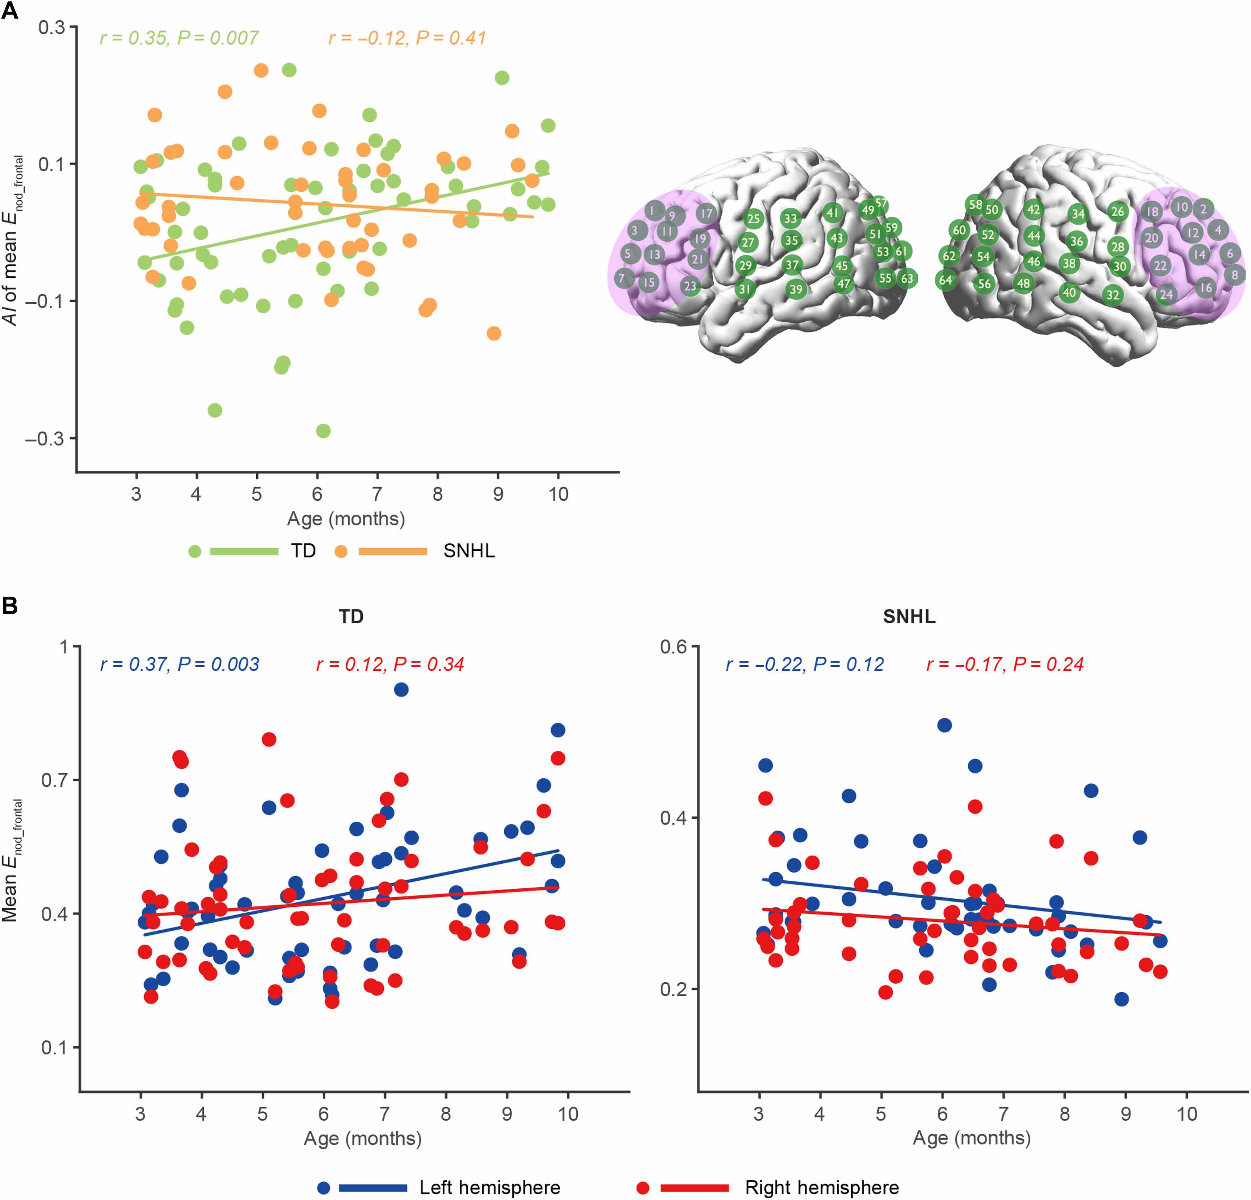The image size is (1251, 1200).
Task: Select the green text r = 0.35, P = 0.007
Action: [x=179, y=38]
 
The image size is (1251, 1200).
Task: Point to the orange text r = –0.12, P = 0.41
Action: [x=407, y=38]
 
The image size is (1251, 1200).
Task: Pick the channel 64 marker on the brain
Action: [x=945, y=280]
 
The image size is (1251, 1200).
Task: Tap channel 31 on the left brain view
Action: [x=744, y=289]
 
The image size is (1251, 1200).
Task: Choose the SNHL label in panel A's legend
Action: [x=469, y=551]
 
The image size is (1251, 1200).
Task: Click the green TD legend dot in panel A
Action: [x=195, y=551]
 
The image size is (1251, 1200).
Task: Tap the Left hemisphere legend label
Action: [x=489, y=1188]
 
